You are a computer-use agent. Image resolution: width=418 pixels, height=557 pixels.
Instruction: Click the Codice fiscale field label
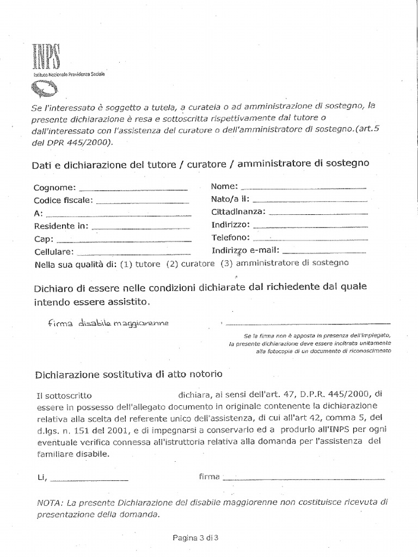tap(63, 200)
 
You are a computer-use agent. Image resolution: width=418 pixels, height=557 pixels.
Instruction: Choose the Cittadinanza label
tap(238, 212)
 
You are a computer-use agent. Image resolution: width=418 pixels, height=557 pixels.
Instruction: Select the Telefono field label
tap(230, 238)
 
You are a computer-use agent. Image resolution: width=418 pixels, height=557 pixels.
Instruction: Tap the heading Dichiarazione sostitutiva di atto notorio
tap(128, 375)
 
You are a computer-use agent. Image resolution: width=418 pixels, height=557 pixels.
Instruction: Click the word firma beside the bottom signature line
tap(210, 477)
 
